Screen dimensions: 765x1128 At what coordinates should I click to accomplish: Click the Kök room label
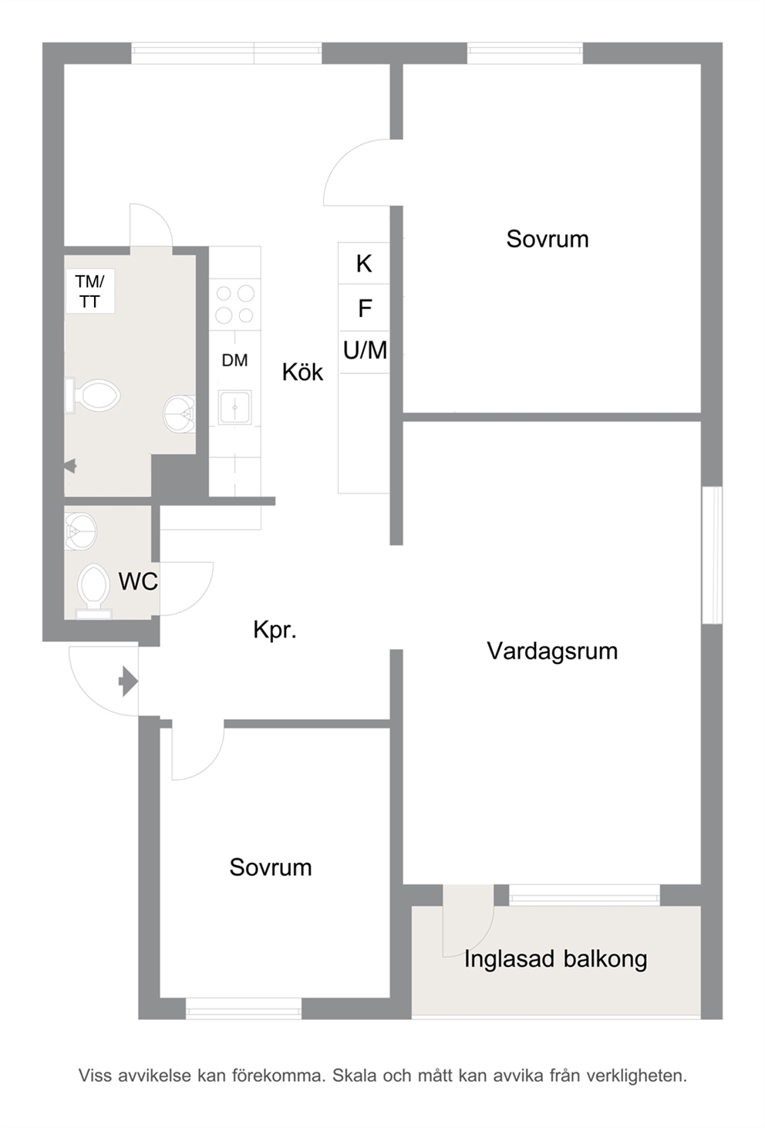tap(302, 372)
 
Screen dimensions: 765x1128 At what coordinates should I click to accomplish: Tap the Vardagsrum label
tap(552, 651)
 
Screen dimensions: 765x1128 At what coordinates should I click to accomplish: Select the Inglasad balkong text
tap(555, 959)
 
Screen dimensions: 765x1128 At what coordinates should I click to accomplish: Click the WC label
tap(138, 581)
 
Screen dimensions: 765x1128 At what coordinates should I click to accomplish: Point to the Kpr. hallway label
tap(275, 630)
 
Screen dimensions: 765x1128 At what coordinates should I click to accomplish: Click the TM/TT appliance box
tap(90, 291)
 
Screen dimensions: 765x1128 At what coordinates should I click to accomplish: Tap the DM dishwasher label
tap(234, 360)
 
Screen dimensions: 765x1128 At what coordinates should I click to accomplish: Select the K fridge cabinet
tap(364, 263)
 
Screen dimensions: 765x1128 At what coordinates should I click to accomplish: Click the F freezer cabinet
tap(364, 308)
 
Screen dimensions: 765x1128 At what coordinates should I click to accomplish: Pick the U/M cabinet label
tap(365, 350)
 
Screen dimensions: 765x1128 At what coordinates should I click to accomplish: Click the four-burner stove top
tap(234, 304)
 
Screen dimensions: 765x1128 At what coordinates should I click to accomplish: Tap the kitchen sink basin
tap(234, 407)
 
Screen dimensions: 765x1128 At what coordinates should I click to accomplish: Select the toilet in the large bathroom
tap(93, 395)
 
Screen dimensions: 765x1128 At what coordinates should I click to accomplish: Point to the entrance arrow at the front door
tap(129, 682)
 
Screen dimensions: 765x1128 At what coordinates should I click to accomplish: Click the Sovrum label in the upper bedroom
tap(548, 239)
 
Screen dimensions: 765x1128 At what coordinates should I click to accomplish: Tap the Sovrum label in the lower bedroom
tap(271, 867)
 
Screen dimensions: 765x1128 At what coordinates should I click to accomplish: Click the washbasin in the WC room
tap(80, 531)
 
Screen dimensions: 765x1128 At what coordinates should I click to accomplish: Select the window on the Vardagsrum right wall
tap(712, 555)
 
